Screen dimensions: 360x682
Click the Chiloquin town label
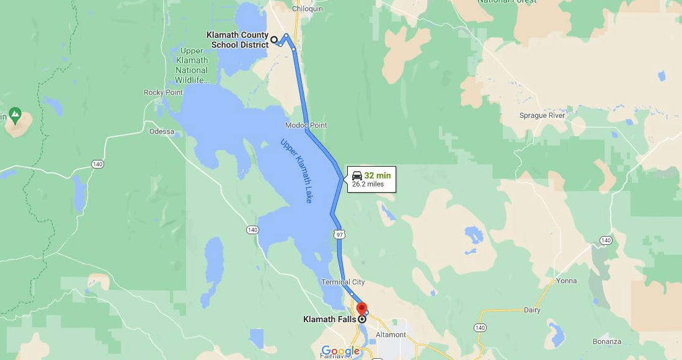coord(308,9)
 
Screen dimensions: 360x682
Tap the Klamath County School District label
coord(237,40)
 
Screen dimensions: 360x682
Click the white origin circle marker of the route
coord(274,40)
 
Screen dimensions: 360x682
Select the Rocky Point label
coord(163,92)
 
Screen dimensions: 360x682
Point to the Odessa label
coord(162,131)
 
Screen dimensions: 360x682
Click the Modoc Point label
coord(306,125)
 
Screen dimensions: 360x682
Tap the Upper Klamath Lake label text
coord(296,170)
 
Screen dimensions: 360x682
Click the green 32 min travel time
coord(377,175)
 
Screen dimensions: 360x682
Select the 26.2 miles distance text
coord(368,184)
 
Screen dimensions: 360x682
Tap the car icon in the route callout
coord(357,175)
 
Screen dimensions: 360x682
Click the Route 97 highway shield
coord(339,234)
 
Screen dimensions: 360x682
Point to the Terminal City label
coord(343,282)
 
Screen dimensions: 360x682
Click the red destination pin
coord(362,309)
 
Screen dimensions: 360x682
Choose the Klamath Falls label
coord(329,320)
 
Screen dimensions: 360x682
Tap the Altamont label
coord(391,335)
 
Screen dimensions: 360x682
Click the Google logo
coord(340,351)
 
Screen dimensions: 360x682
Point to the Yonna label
coord(567,281)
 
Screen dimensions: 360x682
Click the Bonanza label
coord(606,341)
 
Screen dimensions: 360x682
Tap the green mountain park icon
coord(15,115)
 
